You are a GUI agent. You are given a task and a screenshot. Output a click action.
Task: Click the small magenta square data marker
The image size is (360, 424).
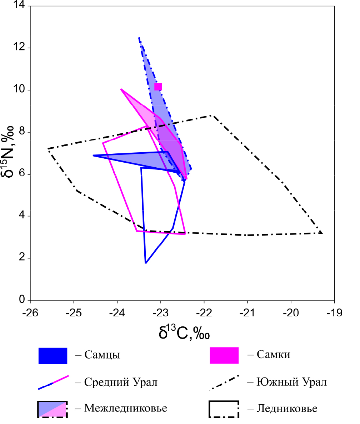tap(158, 87)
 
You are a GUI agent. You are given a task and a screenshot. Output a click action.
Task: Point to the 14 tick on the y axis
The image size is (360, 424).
tap(30, 6)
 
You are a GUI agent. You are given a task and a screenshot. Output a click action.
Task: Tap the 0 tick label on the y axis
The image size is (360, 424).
tap(23, 300)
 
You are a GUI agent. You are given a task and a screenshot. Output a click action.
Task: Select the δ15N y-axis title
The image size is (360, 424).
tap(11, 153)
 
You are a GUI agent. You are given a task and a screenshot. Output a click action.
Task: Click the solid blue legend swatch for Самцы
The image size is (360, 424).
tap(53, 355)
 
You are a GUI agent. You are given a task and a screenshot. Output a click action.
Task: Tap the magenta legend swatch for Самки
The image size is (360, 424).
tap(224, 355)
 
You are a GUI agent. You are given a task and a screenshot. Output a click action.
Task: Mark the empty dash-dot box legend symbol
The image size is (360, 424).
tap(224, 409)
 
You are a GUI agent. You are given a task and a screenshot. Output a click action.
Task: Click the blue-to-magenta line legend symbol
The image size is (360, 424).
tap(53, 382)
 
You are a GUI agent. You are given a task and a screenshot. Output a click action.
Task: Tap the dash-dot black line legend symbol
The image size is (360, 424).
tap(224, 382)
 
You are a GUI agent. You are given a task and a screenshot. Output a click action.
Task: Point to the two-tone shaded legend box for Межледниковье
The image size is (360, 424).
tap(53, 409)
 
